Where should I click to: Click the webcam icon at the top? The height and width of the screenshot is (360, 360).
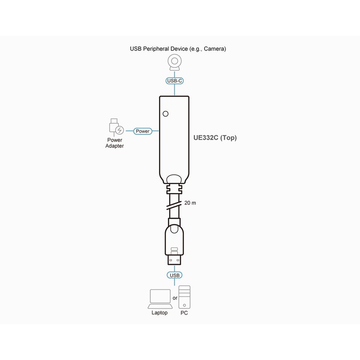(175, 63)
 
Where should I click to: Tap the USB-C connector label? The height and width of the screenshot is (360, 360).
(175, 81)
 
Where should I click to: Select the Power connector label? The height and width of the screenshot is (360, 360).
(142, 131)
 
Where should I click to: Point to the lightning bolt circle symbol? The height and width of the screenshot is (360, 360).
(120, 131)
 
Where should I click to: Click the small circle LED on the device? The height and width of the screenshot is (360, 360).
(166, 114)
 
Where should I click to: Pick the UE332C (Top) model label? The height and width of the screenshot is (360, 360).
(215, 138)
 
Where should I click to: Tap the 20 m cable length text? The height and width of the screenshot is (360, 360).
(190, 203)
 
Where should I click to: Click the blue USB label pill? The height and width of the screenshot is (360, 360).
(175, 275)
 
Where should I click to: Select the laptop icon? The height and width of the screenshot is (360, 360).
(160, 298)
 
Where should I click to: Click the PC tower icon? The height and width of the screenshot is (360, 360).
(185, 297)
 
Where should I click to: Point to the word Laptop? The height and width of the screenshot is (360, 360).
(160, 313)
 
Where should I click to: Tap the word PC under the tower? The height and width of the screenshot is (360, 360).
(184, 313)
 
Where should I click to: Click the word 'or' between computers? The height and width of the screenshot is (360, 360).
(175, 298)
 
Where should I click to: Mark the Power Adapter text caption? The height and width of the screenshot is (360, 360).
(115, 143)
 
